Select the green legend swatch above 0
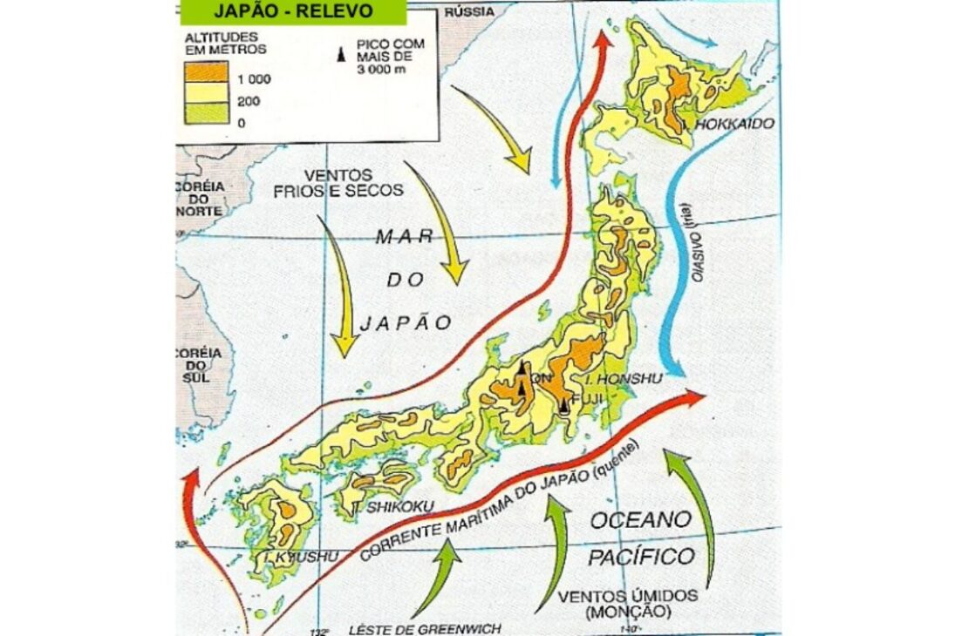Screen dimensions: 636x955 (206, 112)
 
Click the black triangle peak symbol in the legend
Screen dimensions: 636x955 (343, 57)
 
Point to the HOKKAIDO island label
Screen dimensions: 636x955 (734, 125)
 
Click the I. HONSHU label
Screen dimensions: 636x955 (624, 378)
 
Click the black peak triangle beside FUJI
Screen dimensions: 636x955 (564, 405)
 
